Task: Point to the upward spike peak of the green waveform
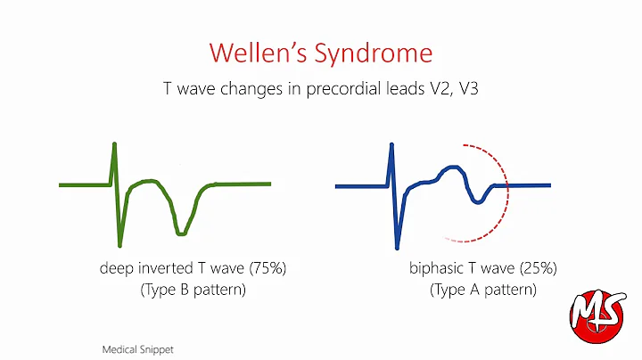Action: pos(114,144)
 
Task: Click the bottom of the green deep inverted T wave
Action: pos(181,233)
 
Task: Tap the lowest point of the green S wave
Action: pos(119,244)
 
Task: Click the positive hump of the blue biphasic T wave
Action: pos(453,168)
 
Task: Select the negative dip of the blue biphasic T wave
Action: pos(479,201)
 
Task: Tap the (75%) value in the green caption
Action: pos(265,268)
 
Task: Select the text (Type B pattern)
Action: pos(193,290)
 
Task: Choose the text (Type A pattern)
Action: pos(483,290)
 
